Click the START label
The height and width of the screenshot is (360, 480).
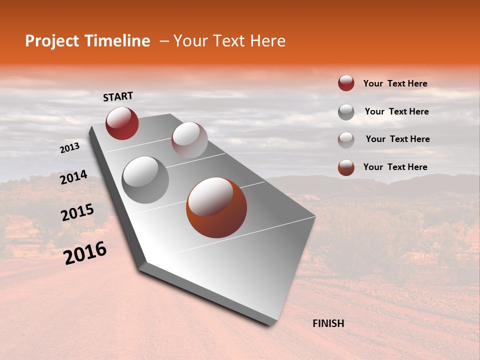(x=118, y=96)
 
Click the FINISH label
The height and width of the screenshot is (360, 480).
(x=328, y=323)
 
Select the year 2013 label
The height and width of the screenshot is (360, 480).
(x=70, y=147)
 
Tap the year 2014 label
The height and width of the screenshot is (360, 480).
(x=73, y=177)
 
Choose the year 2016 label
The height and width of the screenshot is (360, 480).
(x=85, y=253)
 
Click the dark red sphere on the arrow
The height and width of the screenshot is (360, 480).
(x=122, y=123)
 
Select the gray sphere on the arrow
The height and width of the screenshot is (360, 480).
(x=145, y=180)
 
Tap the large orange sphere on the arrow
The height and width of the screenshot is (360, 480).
(x=216, y=207)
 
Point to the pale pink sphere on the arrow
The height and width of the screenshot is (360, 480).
(x=189, y=140)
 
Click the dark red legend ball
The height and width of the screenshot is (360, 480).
(x=346, y=83)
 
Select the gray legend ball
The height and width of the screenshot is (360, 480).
(x=346, y=112)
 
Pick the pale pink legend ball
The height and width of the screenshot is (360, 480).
(x=346, y=140)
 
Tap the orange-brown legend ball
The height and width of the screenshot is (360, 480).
(x=346, y=167)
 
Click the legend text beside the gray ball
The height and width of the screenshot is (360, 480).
(x=396, y=111)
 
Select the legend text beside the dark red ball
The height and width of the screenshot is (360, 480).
(x=395, y=83)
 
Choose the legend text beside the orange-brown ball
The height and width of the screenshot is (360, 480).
(x=395, y=167)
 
